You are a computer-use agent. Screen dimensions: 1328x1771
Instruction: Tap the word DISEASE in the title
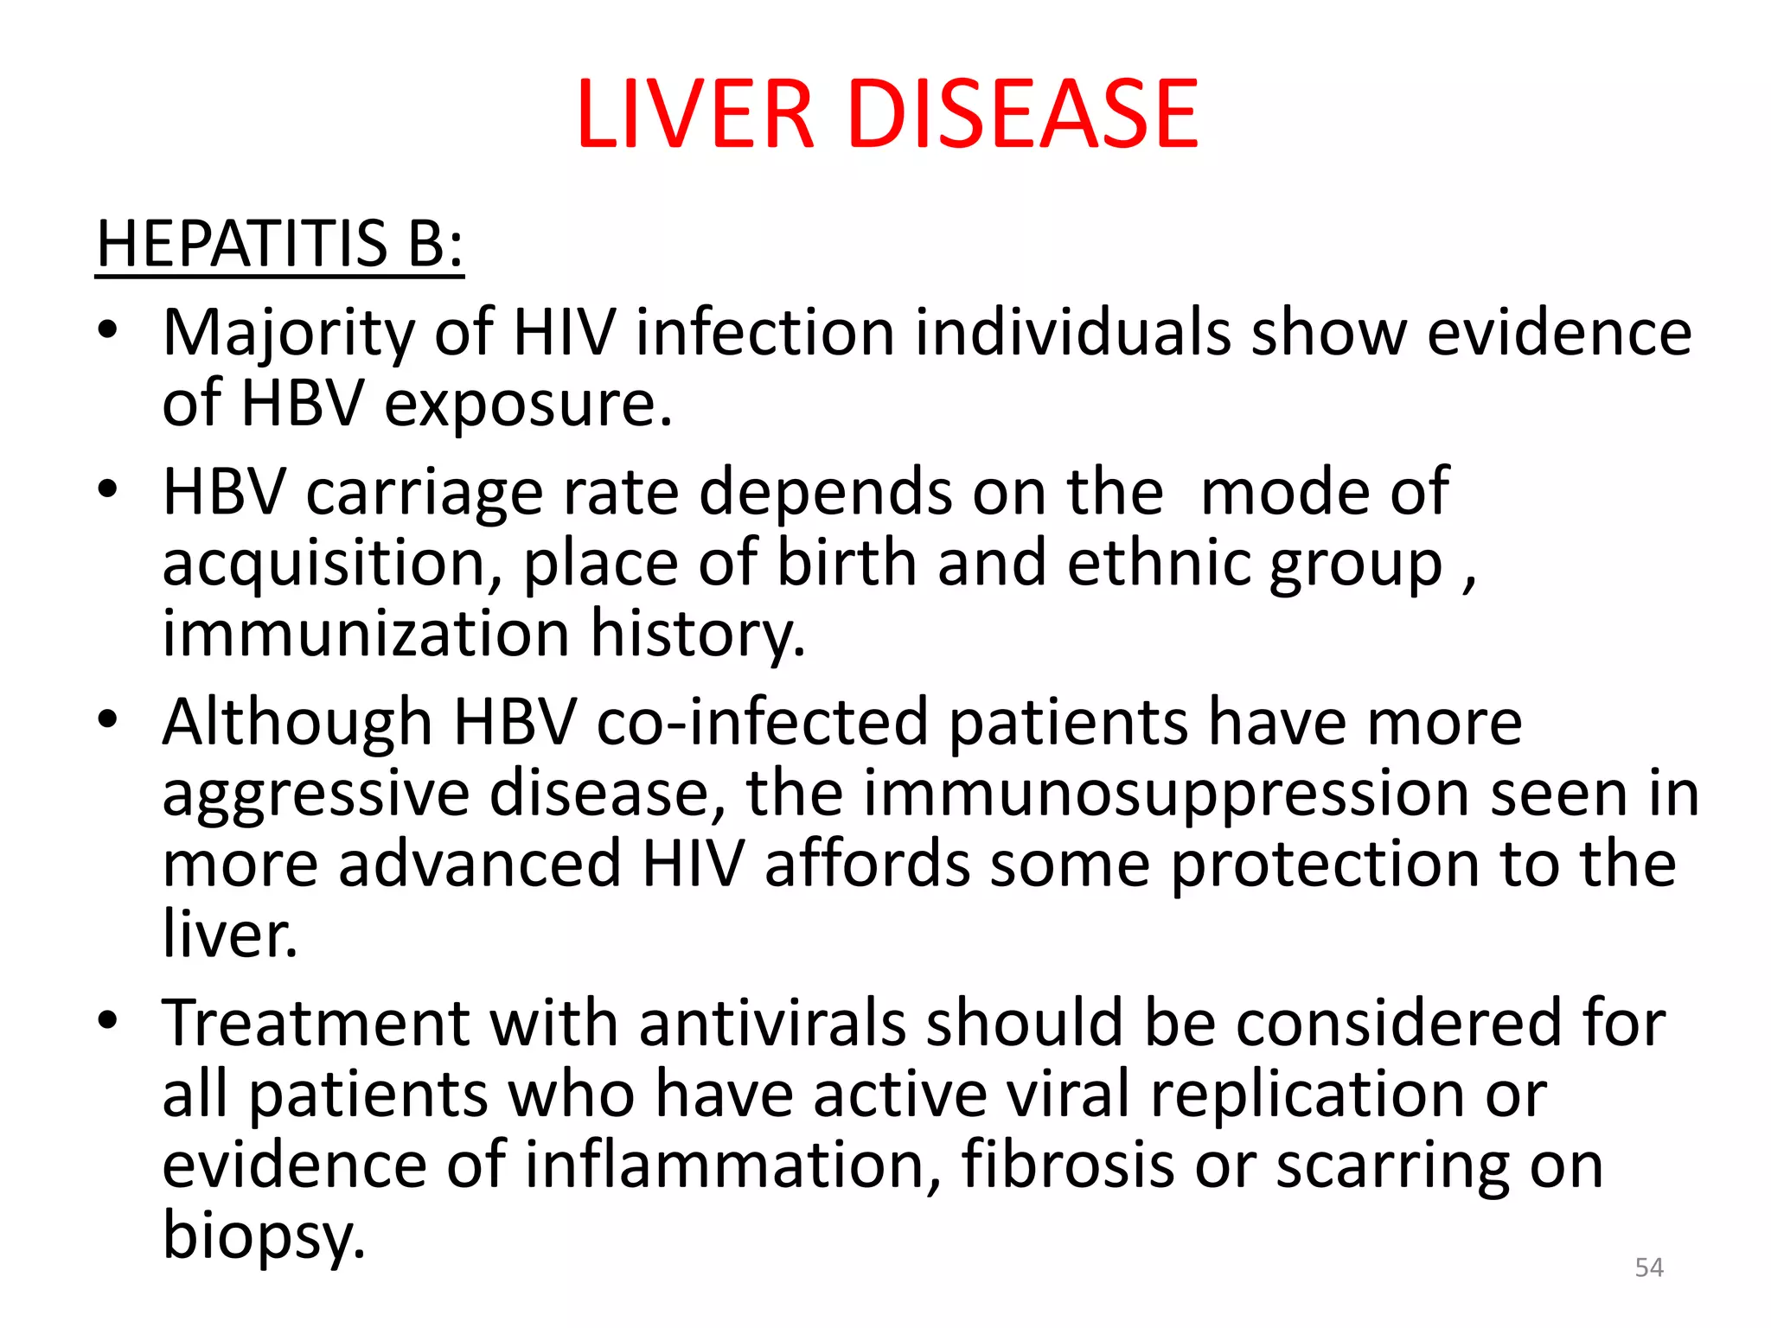pyautogui.click(x=1025, y=114)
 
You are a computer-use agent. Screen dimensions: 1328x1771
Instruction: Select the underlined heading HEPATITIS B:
pyautogui.click(x=279, y=244)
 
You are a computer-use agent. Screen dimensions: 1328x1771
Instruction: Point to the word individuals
pyautogui.click(x=1072, y=332)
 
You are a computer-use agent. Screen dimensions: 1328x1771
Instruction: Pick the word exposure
pyautogui.click(x=527, y=405)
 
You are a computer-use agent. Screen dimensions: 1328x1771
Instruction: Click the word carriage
pyautogui.click(x=424, y=493)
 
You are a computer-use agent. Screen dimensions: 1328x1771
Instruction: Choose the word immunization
pyautogui.click(x=366, y=633)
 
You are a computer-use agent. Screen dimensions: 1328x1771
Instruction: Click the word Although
pyautogui.click(x=297, y=723)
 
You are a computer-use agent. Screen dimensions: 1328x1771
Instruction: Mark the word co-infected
pyautogui.click(x=762, y=723)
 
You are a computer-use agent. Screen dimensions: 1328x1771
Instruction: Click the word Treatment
pyautogui.click(x=316, y=1024)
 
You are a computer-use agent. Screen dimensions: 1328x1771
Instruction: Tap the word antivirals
pyautogui.click(x=772, y=1024)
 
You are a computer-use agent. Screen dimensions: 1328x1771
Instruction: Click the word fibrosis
pyautogui.click(x=1067, y=1165)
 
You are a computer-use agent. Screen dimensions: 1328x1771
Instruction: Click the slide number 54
pyautogui.click(x=1649, y=1267)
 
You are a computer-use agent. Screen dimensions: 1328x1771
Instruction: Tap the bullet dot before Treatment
pyautogui.click(x=107, y=1020)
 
